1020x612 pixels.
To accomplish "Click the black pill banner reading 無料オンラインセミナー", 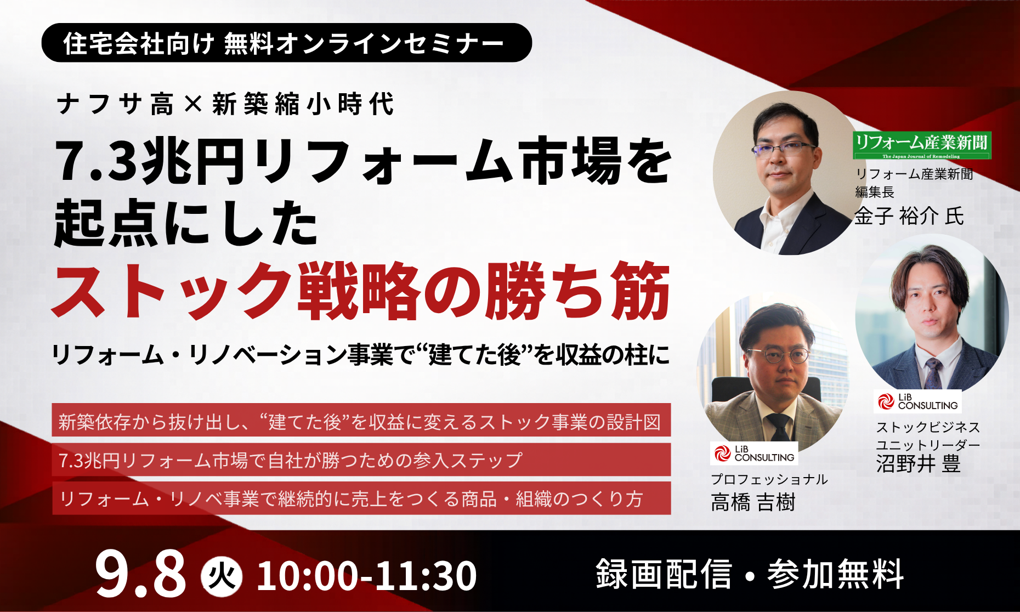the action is click(286, 43).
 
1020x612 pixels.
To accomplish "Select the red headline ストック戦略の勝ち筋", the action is click(361, 290).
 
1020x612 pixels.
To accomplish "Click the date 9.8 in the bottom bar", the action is click(140, 575).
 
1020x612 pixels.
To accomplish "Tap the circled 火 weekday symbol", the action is click(222, 576).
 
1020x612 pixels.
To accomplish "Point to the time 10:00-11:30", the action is click(366, 576).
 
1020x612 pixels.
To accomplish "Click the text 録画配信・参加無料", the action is click(750, 574).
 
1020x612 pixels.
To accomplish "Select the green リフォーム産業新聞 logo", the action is click(922, 145).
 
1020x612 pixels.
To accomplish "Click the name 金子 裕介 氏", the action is click(909, 216).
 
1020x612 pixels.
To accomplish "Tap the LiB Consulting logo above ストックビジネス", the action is click(917, 401).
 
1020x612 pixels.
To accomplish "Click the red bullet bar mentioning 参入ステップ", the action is click(361, 460).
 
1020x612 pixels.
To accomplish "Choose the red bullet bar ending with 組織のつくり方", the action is click(361, 498).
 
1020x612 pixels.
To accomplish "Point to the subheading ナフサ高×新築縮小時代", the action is click(225, 104).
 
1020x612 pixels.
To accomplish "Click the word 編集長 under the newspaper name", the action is click(875, 192).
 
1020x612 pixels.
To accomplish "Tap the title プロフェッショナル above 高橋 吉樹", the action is click(769, 479).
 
